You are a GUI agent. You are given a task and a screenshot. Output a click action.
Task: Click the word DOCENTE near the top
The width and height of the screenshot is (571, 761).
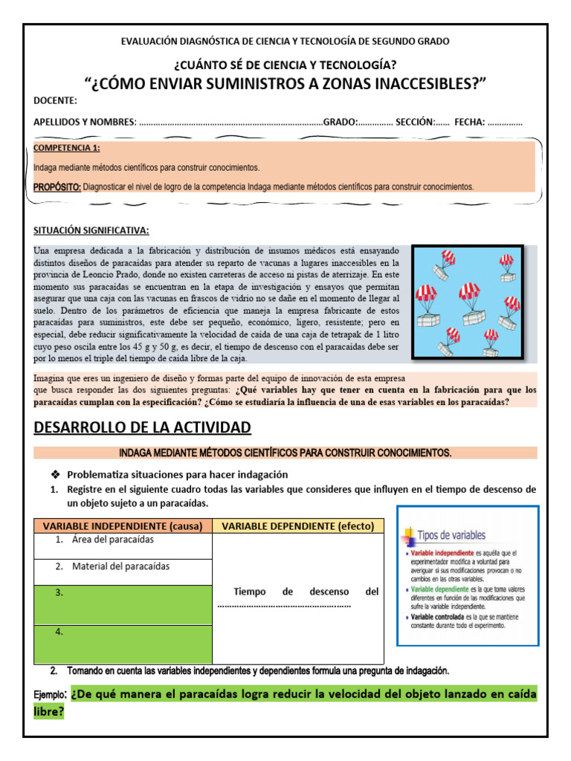(55, 101)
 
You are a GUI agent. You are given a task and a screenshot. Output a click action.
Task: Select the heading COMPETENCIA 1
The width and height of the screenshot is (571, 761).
(68, 148)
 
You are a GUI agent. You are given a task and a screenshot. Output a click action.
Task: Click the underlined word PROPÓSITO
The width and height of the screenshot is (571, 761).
(57, 187)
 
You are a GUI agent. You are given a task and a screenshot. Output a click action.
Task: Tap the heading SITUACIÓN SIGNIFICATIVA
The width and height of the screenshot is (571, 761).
(91, 230)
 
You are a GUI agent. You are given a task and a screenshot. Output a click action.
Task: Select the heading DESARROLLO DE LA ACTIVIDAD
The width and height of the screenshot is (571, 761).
(143, 427)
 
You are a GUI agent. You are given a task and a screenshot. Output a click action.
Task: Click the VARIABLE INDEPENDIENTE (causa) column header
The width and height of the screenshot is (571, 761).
(123, 526)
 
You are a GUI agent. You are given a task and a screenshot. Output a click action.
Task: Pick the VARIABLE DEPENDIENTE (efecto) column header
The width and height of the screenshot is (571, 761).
(298, 526)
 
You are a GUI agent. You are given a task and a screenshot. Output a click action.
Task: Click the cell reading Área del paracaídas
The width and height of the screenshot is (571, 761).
(123, 540)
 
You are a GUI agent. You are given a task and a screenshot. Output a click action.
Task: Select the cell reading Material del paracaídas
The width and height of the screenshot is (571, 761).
(123, 566)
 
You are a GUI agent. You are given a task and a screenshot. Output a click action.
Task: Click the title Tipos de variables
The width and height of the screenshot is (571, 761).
(452, 535)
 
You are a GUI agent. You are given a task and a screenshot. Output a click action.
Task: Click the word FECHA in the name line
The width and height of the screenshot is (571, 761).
(469, 122)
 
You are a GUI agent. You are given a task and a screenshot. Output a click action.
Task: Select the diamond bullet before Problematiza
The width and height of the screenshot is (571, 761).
(54, 474)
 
